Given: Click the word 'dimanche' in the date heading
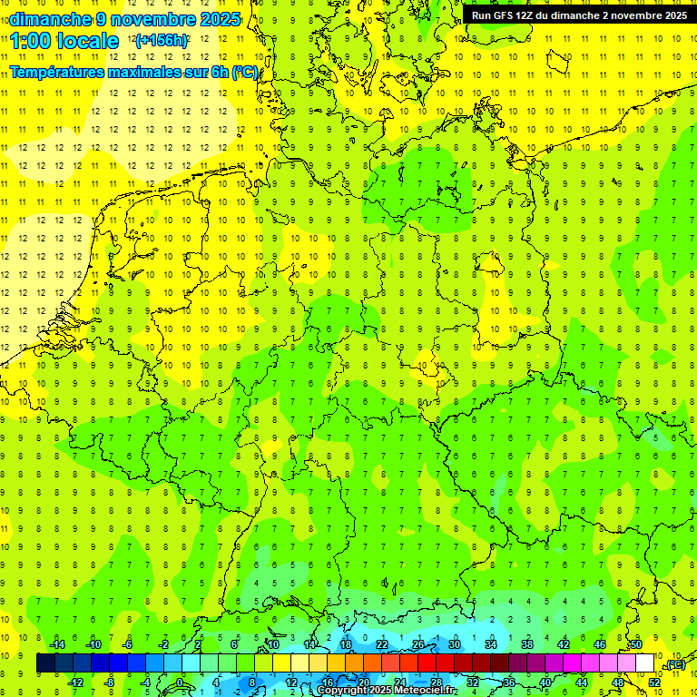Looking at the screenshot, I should (x=50, y=19).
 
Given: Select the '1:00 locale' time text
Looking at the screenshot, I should (x=64, y=41).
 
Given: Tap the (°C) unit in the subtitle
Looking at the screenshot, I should (x=244, y=72).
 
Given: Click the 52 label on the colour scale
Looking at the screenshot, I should (x=654, y=682).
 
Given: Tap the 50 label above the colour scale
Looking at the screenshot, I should (x=636, y=644).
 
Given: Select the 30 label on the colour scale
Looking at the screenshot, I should (x=455, y=644).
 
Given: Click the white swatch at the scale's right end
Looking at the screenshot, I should (x=645, y=663).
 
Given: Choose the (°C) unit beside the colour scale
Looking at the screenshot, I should (x=674, y=665).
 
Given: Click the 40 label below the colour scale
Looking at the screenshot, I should (x=545, y=682).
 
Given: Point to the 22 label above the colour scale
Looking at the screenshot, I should (x=382, y=644).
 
